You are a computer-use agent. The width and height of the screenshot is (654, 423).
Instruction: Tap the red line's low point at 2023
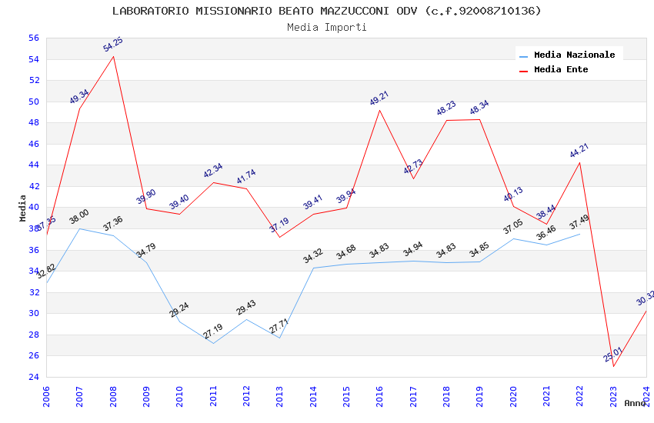613,366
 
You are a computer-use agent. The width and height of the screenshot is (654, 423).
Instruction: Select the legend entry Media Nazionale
574,55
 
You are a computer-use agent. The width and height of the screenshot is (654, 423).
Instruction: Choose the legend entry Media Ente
561,69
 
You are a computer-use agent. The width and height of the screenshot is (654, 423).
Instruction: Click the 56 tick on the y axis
33,38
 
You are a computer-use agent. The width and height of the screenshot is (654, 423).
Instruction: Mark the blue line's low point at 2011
213,343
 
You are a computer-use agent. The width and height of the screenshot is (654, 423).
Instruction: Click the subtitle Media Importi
327,27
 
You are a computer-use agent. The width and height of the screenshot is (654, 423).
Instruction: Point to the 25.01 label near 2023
613,355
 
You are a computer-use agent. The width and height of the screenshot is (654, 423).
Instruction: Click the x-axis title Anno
635,403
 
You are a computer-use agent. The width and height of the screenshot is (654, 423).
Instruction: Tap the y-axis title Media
23,208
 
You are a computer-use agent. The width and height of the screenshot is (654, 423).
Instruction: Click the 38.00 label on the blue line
79,217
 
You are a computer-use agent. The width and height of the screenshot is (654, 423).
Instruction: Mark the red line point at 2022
579,162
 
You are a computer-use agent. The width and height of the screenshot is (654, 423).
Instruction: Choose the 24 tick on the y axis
33,377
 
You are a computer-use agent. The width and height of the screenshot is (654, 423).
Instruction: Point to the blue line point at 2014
313,268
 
